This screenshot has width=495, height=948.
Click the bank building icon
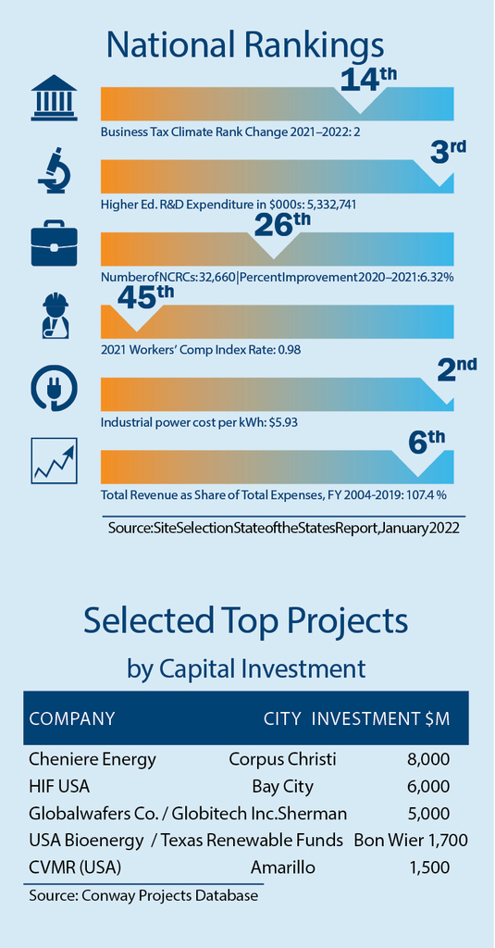pos(55,98)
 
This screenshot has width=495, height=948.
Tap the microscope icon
pos(55,171)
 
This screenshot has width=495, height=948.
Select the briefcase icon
pos(55,244)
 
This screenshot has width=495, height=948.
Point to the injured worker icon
pos(55,317)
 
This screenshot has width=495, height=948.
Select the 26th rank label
pos(282,224)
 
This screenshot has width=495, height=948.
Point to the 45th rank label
pos(145,295)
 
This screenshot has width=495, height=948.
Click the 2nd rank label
pos(457,369)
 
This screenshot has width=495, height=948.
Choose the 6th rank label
pos(427,442)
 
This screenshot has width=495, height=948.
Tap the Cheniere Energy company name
pos(92,759)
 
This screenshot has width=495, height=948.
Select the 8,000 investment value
pos(428,759)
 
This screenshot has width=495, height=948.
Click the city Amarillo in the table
pos(283,868)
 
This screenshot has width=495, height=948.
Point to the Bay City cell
pos(283,787)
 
